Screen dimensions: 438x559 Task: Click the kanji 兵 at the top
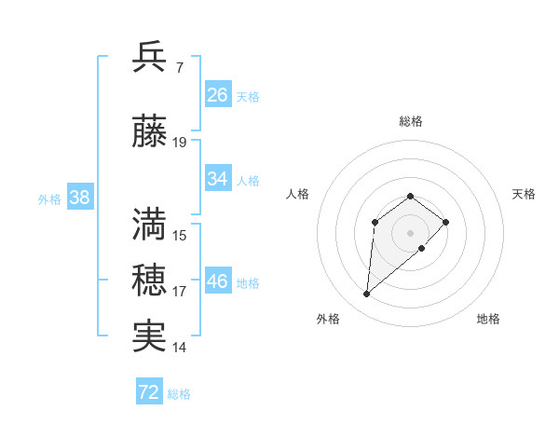click(150, 57)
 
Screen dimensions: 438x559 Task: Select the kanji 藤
click(150, 133)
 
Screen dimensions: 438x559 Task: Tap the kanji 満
click(150, 223)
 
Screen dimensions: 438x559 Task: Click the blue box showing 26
click(218, 95)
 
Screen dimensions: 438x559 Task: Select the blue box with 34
click(218, 179)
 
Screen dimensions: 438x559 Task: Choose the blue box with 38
click(79, 198)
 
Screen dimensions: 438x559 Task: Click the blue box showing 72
click(149, 392)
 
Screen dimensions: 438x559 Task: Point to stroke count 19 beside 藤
click(180, 143)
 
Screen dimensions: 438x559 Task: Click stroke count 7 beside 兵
click(179, 67)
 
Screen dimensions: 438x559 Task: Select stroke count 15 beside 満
click(180, 235)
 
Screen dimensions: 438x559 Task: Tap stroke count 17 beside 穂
click(180, 292)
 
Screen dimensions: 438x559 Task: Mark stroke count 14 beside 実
click(180, 348)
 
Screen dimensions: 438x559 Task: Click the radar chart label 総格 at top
click(410, 121)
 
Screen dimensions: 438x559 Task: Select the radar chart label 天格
click(524, 194)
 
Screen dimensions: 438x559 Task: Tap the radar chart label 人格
click(297, 194)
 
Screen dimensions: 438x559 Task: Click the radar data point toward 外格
click(366, 294)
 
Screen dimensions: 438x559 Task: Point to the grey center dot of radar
click(410, 232)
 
